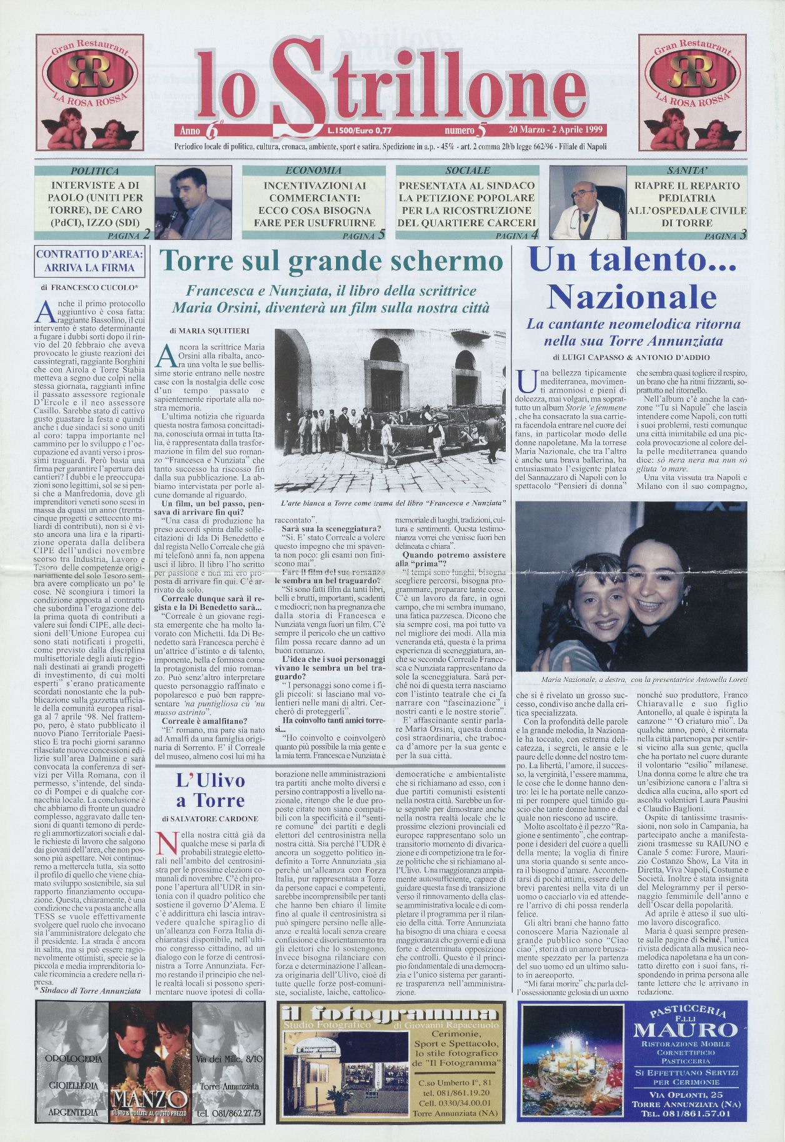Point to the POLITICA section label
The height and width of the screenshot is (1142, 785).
click(94, 171)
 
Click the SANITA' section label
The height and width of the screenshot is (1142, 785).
click(686, 171)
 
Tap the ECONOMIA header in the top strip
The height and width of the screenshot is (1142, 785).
click(313, 171)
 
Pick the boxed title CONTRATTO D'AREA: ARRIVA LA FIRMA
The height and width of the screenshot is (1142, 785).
click(91, 261)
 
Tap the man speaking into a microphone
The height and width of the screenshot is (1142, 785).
click(192, 202)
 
